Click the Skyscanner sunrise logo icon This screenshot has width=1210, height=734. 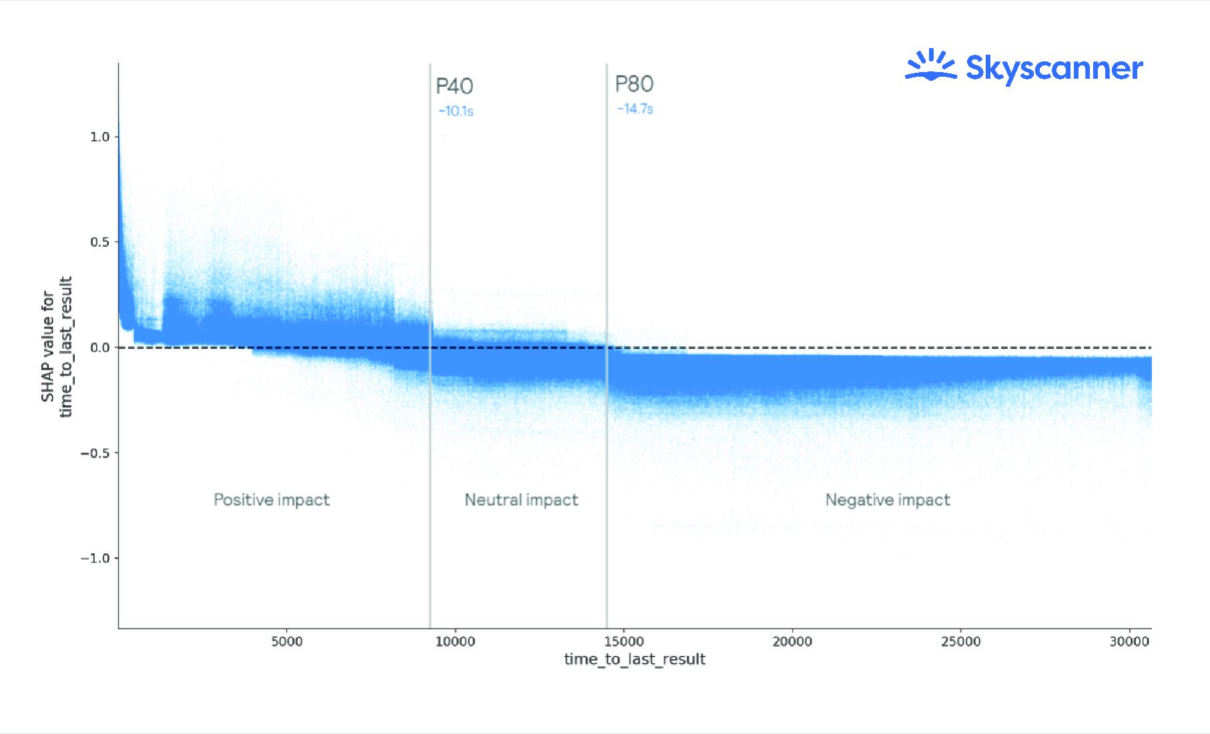click(930, 65)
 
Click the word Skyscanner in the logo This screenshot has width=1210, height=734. click(1054, 69)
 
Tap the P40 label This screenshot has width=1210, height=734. click(455, 86)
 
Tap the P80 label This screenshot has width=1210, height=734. click(634, 84)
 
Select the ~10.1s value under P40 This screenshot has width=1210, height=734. click(456, 111)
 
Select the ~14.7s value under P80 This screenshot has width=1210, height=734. click(635, 109)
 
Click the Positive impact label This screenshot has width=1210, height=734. click(272, 500)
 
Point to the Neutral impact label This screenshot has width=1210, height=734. click(521, 500)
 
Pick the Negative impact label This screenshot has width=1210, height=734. click(888, 500)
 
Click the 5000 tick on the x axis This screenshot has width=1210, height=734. click(287, 641)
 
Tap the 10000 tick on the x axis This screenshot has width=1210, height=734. click(455, 641)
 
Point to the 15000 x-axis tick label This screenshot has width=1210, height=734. click(624, 641)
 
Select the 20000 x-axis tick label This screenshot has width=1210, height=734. click(792, 641)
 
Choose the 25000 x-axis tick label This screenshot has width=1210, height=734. click(961, 641)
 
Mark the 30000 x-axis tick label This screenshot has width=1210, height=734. click(1129, 641)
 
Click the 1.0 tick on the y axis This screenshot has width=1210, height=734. click(99, 137)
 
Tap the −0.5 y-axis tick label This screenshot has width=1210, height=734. click(95, 453)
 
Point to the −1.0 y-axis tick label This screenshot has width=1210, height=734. click(95, 559)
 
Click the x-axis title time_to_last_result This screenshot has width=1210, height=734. click(635, 659)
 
